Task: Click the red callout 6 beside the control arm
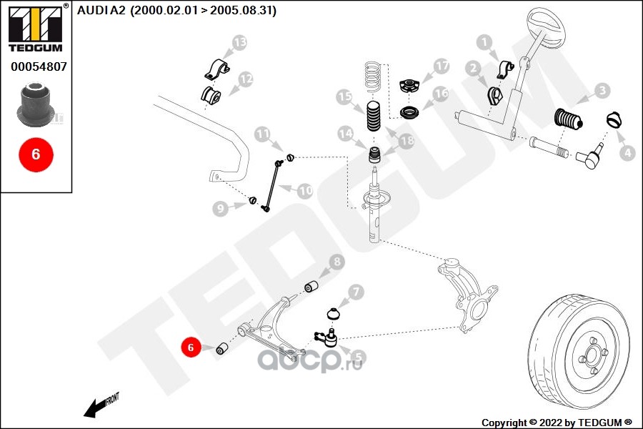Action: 191,347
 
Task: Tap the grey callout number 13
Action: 239,44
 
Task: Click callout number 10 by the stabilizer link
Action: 305,191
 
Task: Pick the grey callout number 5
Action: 355,355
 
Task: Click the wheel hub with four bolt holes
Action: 592,355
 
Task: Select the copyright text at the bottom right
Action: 557,423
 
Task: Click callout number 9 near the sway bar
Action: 221,208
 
